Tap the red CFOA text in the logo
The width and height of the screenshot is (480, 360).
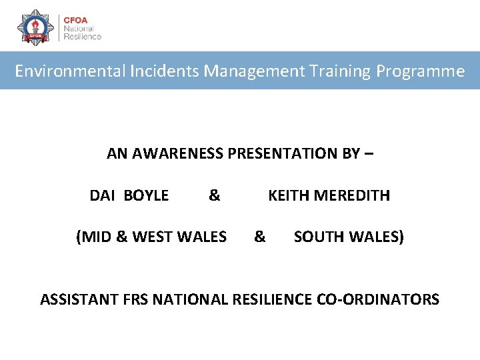(x=75, y=19)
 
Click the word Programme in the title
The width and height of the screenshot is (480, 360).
(x=420, y=71)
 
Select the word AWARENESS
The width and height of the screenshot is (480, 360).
(x=178, y=154)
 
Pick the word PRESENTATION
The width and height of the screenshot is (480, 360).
(x=285, y=154)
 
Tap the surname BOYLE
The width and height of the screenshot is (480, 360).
(x=146, y=196)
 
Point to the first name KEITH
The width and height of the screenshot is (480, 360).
(x=289, y=196)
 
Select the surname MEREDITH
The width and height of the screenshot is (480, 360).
(x=352, y=196)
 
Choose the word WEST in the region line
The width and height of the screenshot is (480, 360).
(x=156, y=237)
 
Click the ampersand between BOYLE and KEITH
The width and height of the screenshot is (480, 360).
(x=214, y=196)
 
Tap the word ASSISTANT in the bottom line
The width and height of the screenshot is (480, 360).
(x=80, y=299)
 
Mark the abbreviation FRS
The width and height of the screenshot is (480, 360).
(x=137, y=299)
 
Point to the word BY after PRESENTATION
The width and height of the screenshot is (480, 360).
(x=351, y=154)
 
